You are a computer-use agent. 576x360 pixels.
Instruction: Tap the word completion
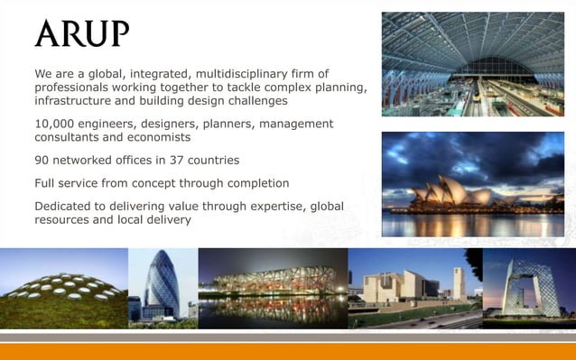(255, 183)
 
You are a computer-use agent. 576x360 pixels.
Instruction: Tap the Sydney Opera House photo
(472, 185)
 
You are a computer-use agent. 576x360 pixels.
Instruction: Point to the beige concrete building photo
(414, 287)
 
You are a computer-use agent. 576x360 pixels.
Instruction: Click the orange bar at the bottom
(288, 351)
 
